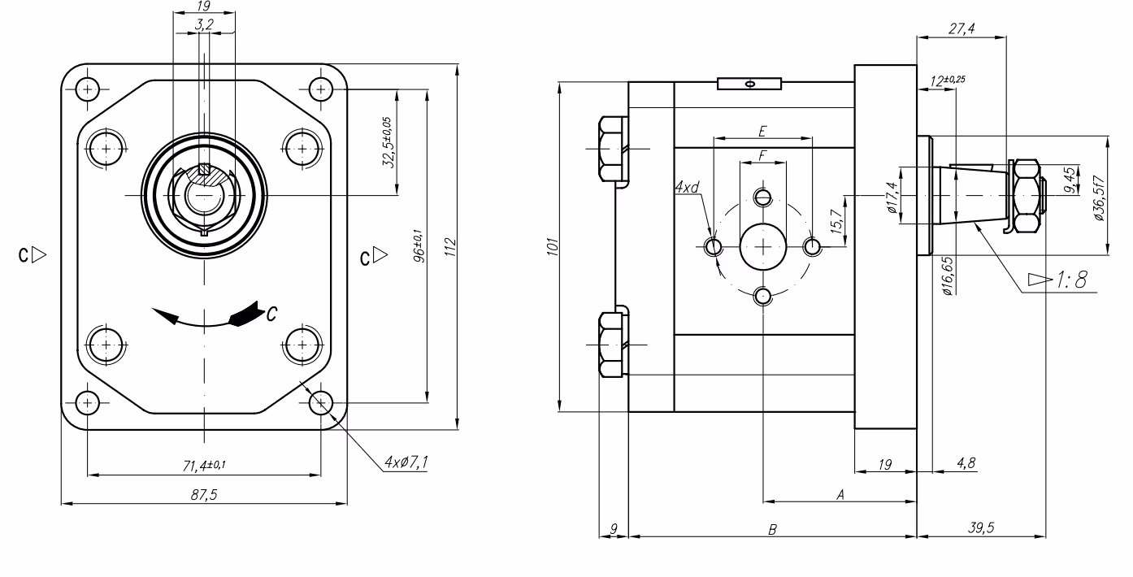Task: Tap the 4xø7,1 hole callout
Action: [x=406, y=463]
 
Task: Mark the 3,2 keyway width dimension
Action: [x=204, y=25]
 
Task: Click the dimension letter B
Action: [x=773, y=529]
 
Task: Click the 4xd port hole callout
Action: [x=687, y=189]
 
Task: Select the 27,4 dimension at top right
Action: [x=962, y=29]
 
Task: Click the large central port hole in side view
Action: [x=763, y=245]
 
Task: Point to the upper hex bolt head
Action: [x=611, y=150]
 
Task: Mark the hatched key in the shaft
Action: [x=205, y=171]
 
